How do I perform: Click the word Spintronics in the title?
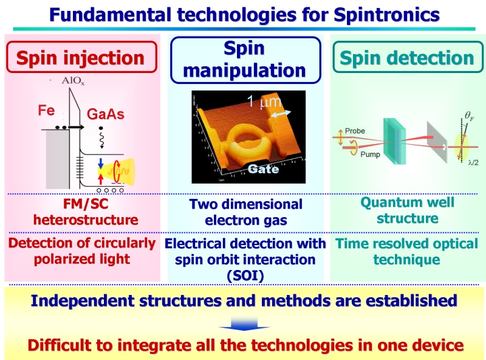click(x=387, y=15)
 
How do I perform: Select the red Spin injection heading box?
click(x=81, y=57)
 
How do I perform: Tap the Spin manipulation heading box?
click(x=245, y=60)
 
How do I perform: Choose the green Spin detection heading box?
click(x=407, y=57)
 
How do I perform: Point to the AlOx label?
click(x=73, y=81)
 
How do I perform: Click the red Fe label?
click(x=46, y=110)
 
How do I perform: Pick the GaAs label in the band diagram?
click(x=105, y=114)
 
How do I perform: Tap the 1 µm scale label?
click(x=264, y=101)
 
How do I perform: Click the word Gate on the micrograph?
click(x=263, y=169)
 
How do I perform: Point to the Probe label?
click(x=355, y=131)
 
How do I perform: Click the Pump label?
click(x=370, y=154)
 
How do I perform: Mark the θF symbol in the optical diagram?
click(x=469, y=116)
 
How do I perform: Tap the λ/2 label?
click(x=473, y=162)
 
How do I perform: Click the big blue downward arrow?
click(x=244, y=324)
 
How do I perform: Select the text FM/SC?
click(x=86, y=204)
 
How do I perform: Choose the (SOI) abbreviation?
click(x=245, y=275)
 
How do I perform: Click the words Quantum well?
click(x=407, y=202)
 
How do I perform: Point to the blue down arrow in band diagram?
click(x=101, y=164)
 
